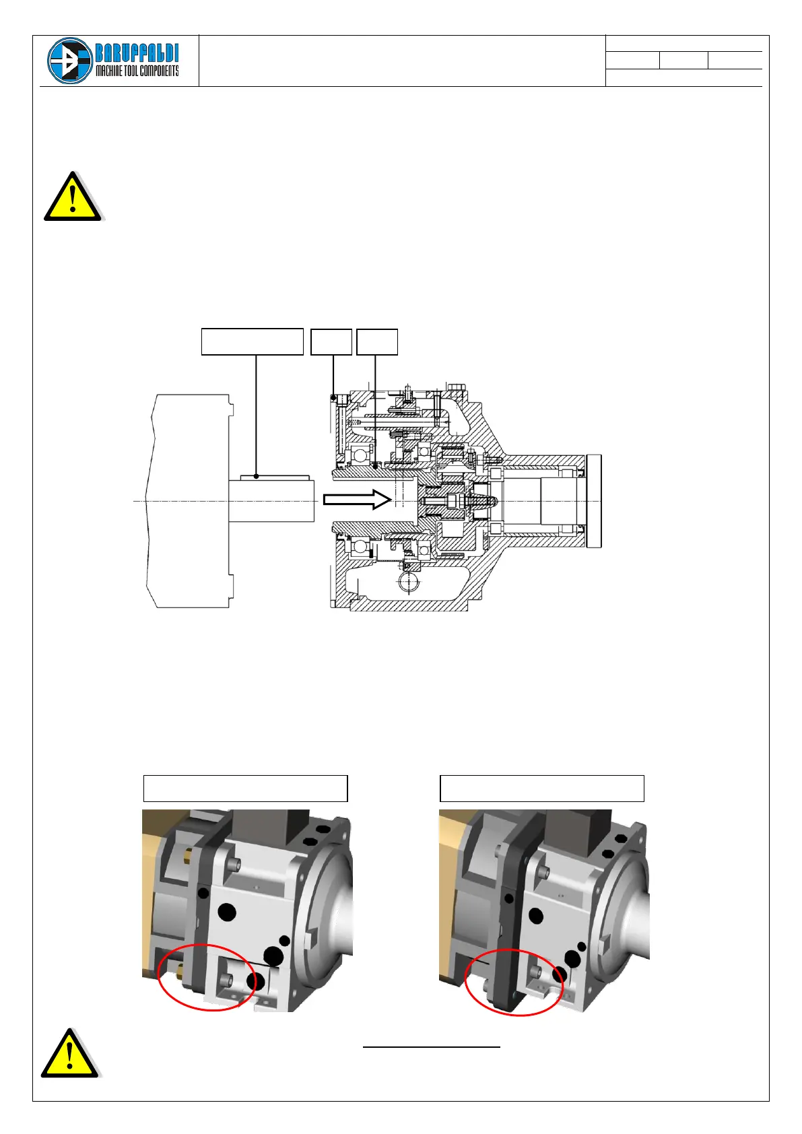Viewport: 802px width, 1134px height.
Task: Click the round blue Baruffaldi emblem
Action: coord(70,61)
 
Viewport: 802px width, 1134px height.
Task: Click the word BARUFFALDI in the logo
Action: coord(137,53)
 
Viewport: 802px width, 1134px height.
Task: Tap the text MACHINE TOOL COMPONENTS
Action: coord(137,71)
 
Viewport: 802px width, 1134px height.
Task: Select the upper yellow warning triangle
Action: coord(73,197)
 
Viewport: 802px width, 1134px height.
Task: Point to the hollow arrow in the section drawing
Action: coord(358,499)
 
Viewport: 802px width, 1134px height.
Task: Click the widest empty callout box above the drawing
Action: coord(252,341)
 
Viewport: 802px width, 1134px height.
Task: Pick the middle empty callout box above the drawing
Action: coord(331,341)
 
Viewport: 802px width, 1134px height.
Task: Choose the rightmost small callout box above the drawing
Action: coord(377,341)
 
